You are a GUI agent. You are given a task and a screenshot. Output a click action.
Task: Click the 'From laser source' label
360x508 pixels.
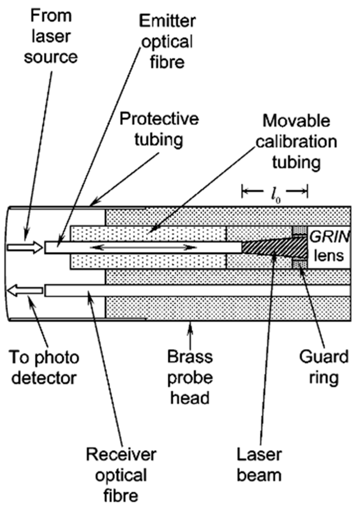[x=51, y=36]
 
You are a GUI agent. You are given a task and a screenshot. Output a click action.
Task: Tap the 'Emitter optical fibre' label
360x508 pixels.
[x=167, y=42]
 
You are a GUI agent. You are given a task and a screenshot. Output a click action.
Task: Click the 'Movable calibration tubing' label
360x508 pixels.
[x=296, y=141]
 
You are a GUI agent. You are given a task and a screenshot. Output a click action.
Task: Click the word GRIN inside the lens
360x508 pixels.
[x=329, y=237]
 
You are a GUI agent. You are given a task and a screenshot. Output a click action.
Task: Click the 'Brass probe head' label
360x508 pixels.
[x=190, y=377]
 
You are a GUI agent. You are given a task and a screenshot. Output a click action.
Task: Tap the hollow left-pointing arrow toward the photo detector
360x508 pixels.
[x=25, y=291]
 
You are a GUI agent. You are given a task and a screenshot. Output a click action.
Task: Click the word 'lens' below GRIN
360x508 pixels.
[x=329, y=255]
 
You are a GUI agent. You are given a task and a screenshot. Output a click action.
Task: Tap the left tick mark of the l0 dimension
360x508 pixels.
[x=243, y=191]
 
